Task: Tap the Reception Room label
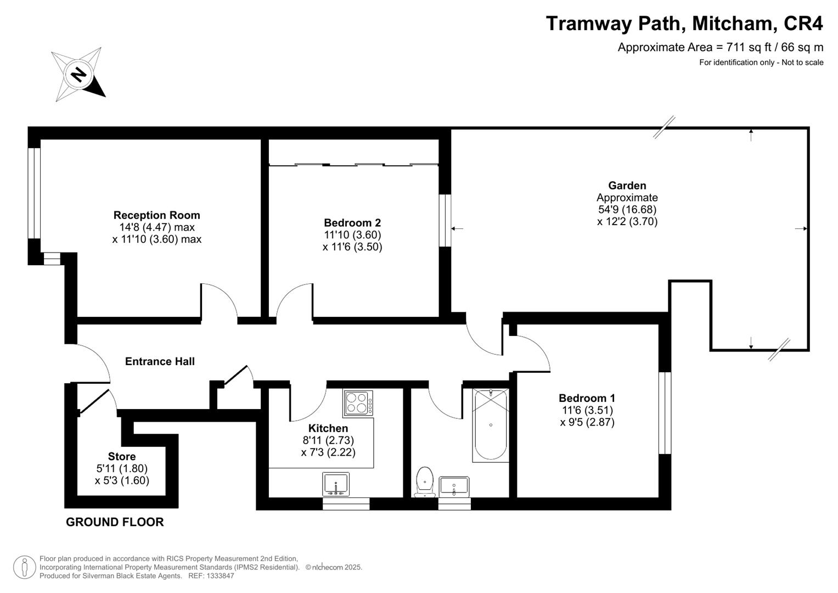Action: pos(156,215)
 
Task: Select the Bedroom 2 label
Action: pos(352,223)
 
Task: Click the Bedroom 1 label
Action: pos(587,398)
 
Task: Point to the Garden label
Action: pos(627,186)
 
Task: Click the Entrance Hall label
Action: pos(160,361)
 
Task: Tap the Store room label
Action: pos(122,456)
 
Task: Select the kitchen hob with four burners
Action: pos(358,402)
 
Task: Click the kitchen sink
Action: pos(336,484)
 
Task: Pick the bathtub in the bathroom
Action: pos(490,424)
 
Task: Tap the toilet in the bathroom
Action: pos(425,481)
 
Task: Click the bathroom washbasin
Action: pos(454,486)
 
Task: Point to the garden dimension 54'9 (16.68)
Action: pos(627,210)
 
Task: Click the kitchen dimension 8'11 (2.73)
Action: pos(328,440)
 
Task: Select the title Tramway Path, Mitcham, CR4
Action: pos(684,24)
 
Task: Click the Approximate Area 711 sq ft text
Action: pos(720,47)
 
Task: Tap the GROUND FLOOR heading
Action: pos(115,522)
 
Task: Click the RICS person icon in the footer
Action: pos(25,567)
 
